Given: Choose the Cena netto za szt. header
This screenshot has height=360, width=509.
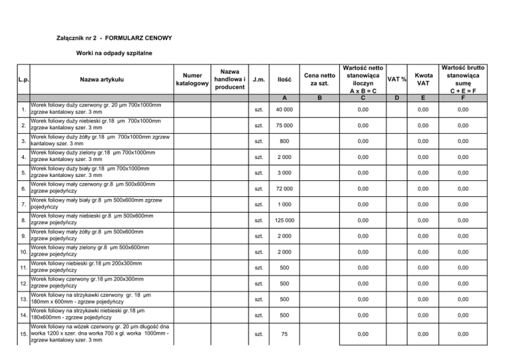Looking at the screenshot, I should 319,80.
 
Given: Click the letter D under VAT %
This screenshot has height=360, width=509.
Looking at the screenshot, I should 396,98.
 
